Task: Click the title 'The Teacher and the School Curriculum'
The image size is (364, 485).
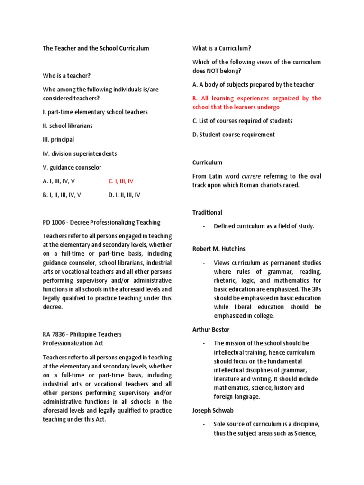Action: [96, 48]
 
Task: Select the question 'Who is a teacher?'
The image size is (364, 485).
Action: [66, 75]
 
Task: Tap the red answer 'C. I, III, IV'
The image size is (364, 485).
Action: [121, 181]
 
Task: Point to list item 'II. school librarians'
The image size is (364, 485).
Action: [68, 126]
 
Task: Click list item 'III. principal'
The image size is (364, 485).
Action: [58, 140]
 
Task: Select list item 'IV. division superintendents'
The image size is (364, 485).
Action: [80, 153]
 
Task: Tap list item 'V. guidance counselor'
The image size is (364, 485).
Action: [72, 167]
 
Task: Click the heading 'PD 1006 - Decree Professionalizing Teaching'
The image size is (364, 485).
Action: [101, 222]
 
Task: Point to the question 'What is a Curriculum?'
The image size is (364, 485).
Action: [222, 48]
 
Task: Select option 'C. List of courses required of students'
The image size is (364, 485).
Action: [242, 121]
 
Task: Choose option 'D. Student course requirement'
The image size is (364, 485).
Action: [233, 135]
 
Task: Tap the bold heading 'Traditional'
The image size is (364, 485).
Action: [207, 212]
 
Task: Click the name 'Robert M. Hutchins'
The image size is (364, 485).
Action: [218, 248]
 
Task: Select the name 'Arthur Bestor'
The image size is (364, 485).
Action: [211, 330]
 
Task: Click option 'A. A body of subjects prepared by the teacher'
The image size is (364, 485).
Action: [253, 84]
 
